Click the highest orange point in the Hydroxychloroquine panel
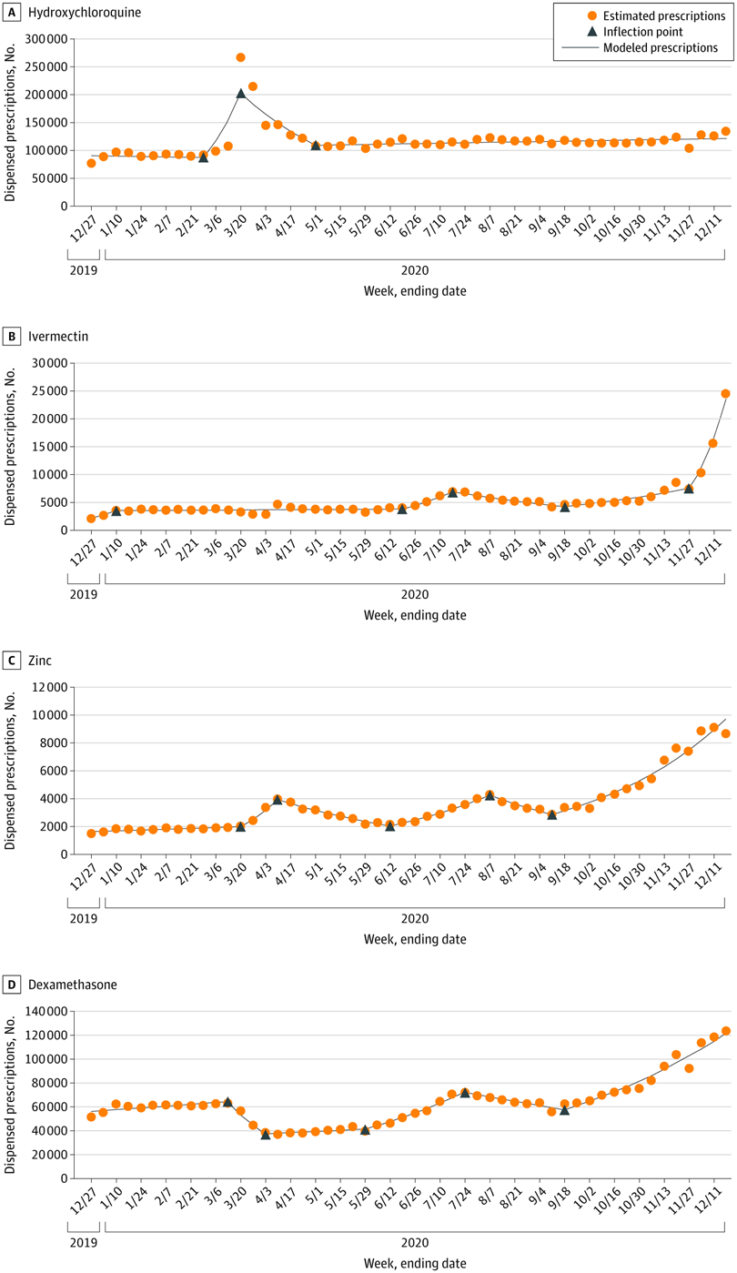coord(240,57)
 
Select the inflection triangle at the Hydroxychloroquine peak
coord(240,93)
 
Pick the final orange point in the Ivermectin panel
coord(725,394)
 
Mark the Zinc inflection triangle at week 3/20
coord(240,826)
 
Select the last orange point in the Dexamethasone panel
coord(725,1031)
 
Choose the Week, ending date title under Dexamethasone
coord(414,1262)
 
